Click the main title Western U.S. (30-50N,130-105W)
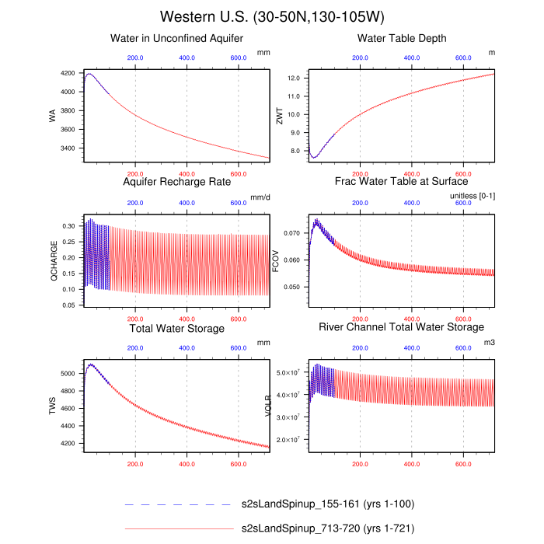click(x=272, y=17)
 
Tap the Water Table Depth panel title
click(x=402, y=38)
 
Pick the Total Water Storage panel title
click(x=177, y=329)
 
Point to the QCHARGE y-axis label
click(x=53, y=263)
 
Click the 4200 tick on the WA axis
click(x=68, y=73)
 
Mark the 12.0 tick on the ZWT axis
click(x=293, y=78)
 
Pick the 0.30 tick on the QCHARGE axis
click(x=68, y=225)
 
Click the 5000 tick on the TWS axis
click(x=68, y=374)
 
